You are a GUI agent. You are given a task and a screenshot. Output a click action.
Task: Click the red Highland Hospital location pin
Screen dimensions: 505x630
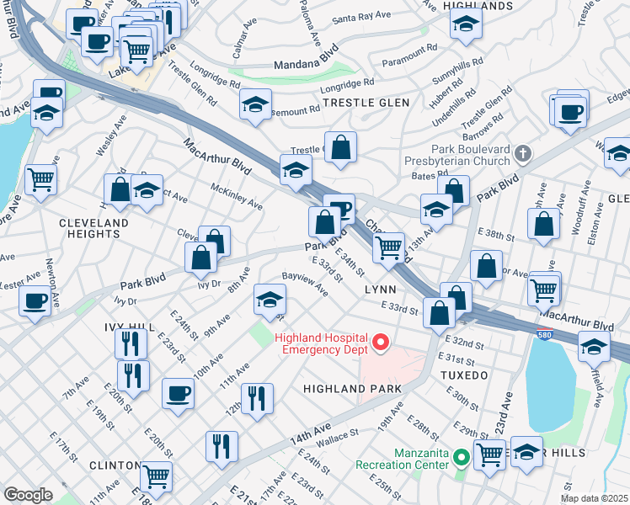point(380,342)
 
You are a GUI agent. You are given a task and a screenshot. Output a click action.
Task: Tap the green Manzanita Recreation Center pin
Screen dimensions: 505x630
point(461,458)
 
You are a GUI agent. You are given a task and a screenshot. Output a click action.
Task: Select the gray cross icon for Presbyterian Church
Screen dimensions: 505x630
point(523,153)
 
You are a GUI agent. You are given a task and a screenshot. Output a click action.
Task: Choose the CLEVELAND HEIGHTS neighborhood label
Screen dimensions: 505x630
point(93,229)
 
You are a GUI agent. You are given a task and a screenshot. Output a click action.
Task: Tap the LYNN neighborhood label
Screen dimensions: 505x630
point(379,289)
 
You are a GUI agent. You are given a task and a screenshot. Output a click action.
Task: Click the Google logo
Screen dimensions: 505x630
point(29,495)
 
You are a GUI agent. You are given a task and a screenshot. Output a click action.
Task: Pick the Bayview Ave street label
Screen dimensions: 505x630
point(305,283)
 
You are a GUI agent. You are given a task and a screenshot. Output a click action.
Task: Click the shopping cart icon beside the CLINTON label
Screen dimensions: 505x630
point(157,477)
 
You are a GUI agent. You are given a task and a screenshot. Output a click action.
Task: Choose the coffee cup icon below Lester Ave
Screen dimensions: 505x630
point(35,302)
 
